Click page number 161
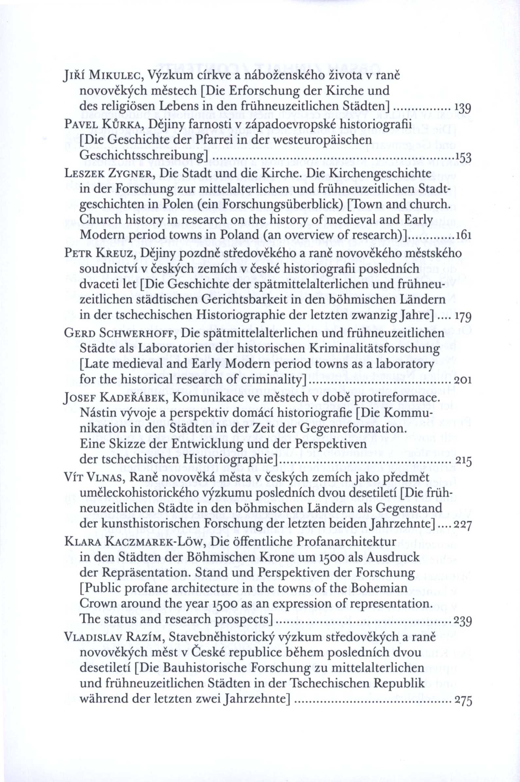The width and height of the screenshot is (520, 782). (464, 236)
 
